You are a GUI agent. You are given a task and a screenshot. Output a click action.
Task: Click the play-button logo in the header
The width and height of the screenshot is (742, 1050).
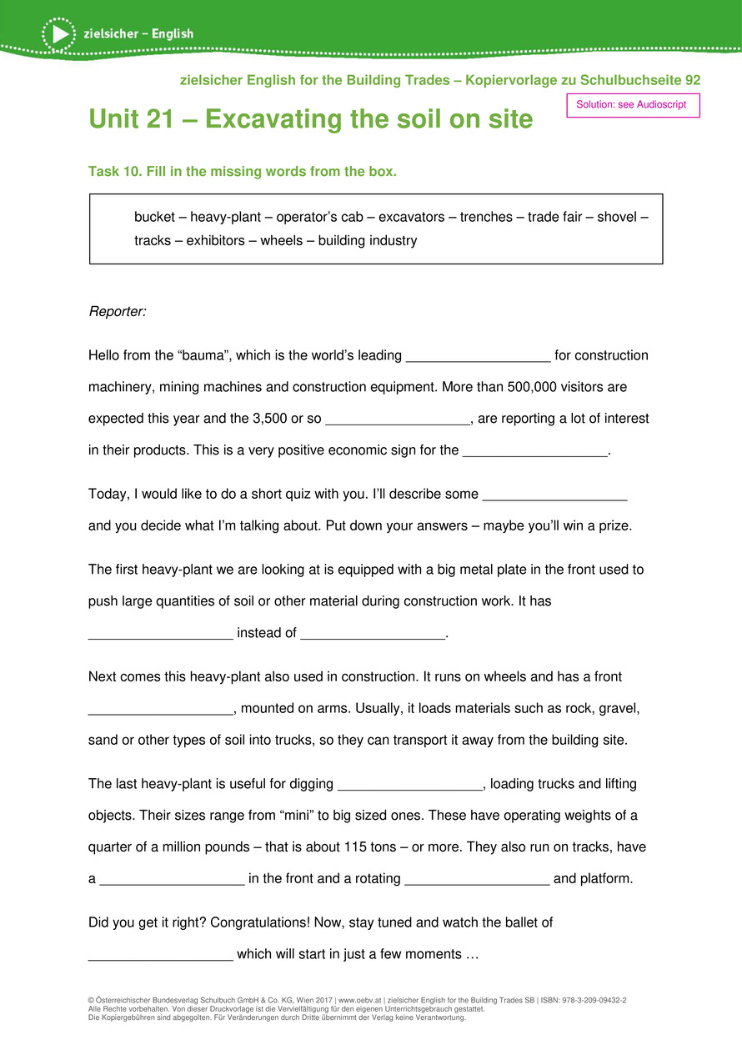pos(58,34)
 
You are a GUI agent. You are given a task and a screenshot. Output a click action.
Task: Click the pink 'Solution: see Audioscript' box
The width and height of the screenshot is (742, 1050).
pos(633,105)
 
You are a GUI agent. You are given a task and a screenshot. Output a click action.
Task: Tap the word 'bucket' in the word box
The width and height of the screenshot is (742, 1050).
pos(154,218)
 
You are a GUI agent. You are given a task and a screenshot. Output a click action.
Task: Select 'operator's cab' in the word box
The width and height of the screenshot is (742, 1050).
pos(320,218)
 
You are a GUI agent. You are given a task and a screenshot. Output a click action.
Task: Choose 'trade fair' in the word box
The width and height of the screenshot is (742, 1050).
pos(554,218)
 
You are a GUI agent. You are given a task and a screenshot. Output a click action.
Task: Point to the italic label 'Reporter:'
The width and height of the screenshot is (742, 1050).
pos(117,311)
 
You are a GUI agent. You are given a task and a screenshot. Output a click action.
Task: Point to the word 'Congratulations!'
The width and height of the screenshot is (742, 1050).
pos(259,923)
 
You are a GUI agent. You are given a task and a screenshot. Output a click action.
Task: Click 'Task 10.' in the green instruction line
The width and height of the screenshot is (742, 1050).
pos(115,172)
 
